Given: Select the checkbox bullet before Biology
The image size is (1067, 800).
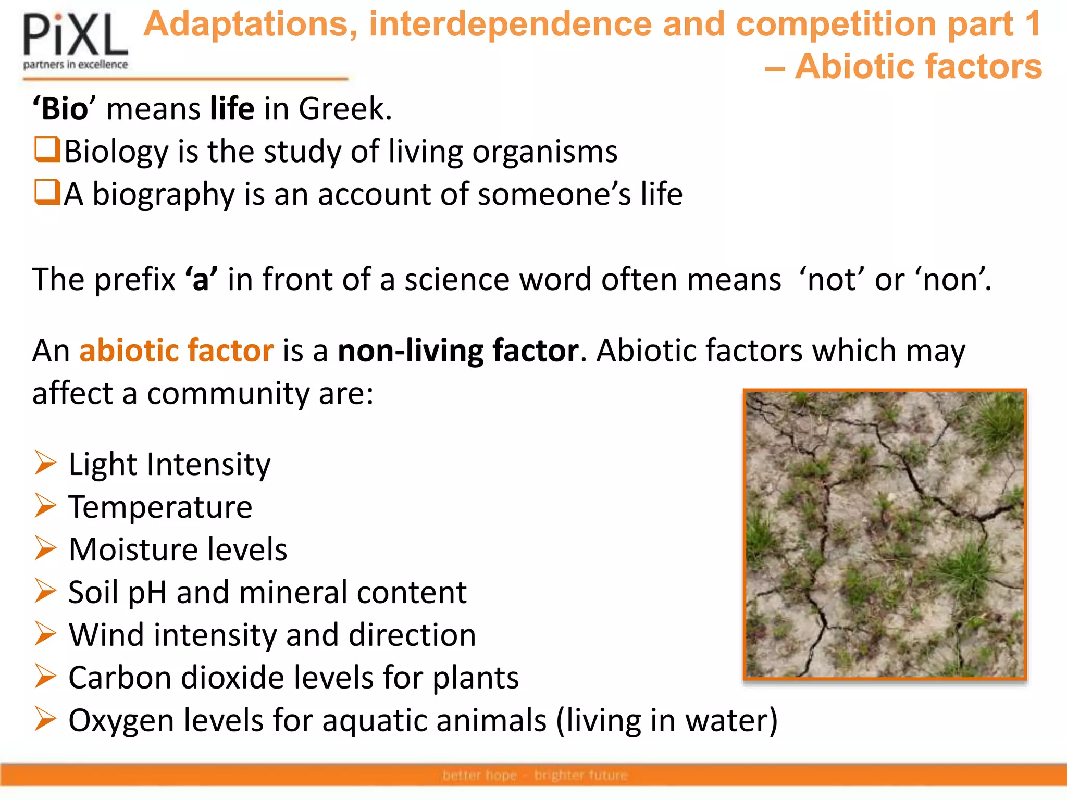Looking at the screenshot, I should (x=47, y=149).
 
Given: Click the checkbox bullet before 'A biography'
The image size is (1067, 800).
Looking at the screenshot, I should (x=47, y=192).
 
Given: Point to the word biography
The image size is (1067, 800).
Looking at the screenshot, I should (x=164, y=195).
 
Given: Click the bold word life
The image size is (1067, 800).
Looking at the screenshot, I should (x=232, y=109).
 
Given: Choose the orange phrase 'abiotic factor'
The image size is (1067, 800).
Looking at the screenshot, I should (x=176, y=351).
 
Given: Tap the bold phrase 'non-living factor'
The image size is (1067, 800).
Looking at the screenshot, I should (x=458, y=351).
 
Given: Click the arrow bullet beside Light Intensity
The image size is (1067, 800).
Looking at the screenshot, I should (x=45, y=463).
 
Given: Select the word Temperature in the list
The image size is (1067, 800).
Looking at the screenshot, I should (x=160, y=507).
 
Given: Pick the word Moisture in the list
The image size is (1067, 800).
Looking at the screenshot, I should (x=133, y=549).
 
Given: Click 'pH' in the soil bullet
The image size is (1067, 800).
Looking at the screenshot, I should (x=147, y=593).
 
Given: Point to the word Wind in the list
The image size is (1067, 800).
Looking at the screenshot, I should (x=106, y=635).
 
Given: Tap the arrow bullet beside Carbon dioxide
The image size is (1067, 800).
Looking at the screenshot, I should (x=45, y=677).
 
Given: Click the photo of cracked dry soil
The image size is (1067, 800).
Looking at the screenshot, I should (x=885, y=534).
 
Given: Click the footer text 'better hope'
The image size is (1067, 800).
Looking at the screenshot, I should (x=479, y=776).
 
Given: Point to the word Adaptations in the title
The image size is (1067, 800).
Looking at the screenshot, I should (x=250, y=24).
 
